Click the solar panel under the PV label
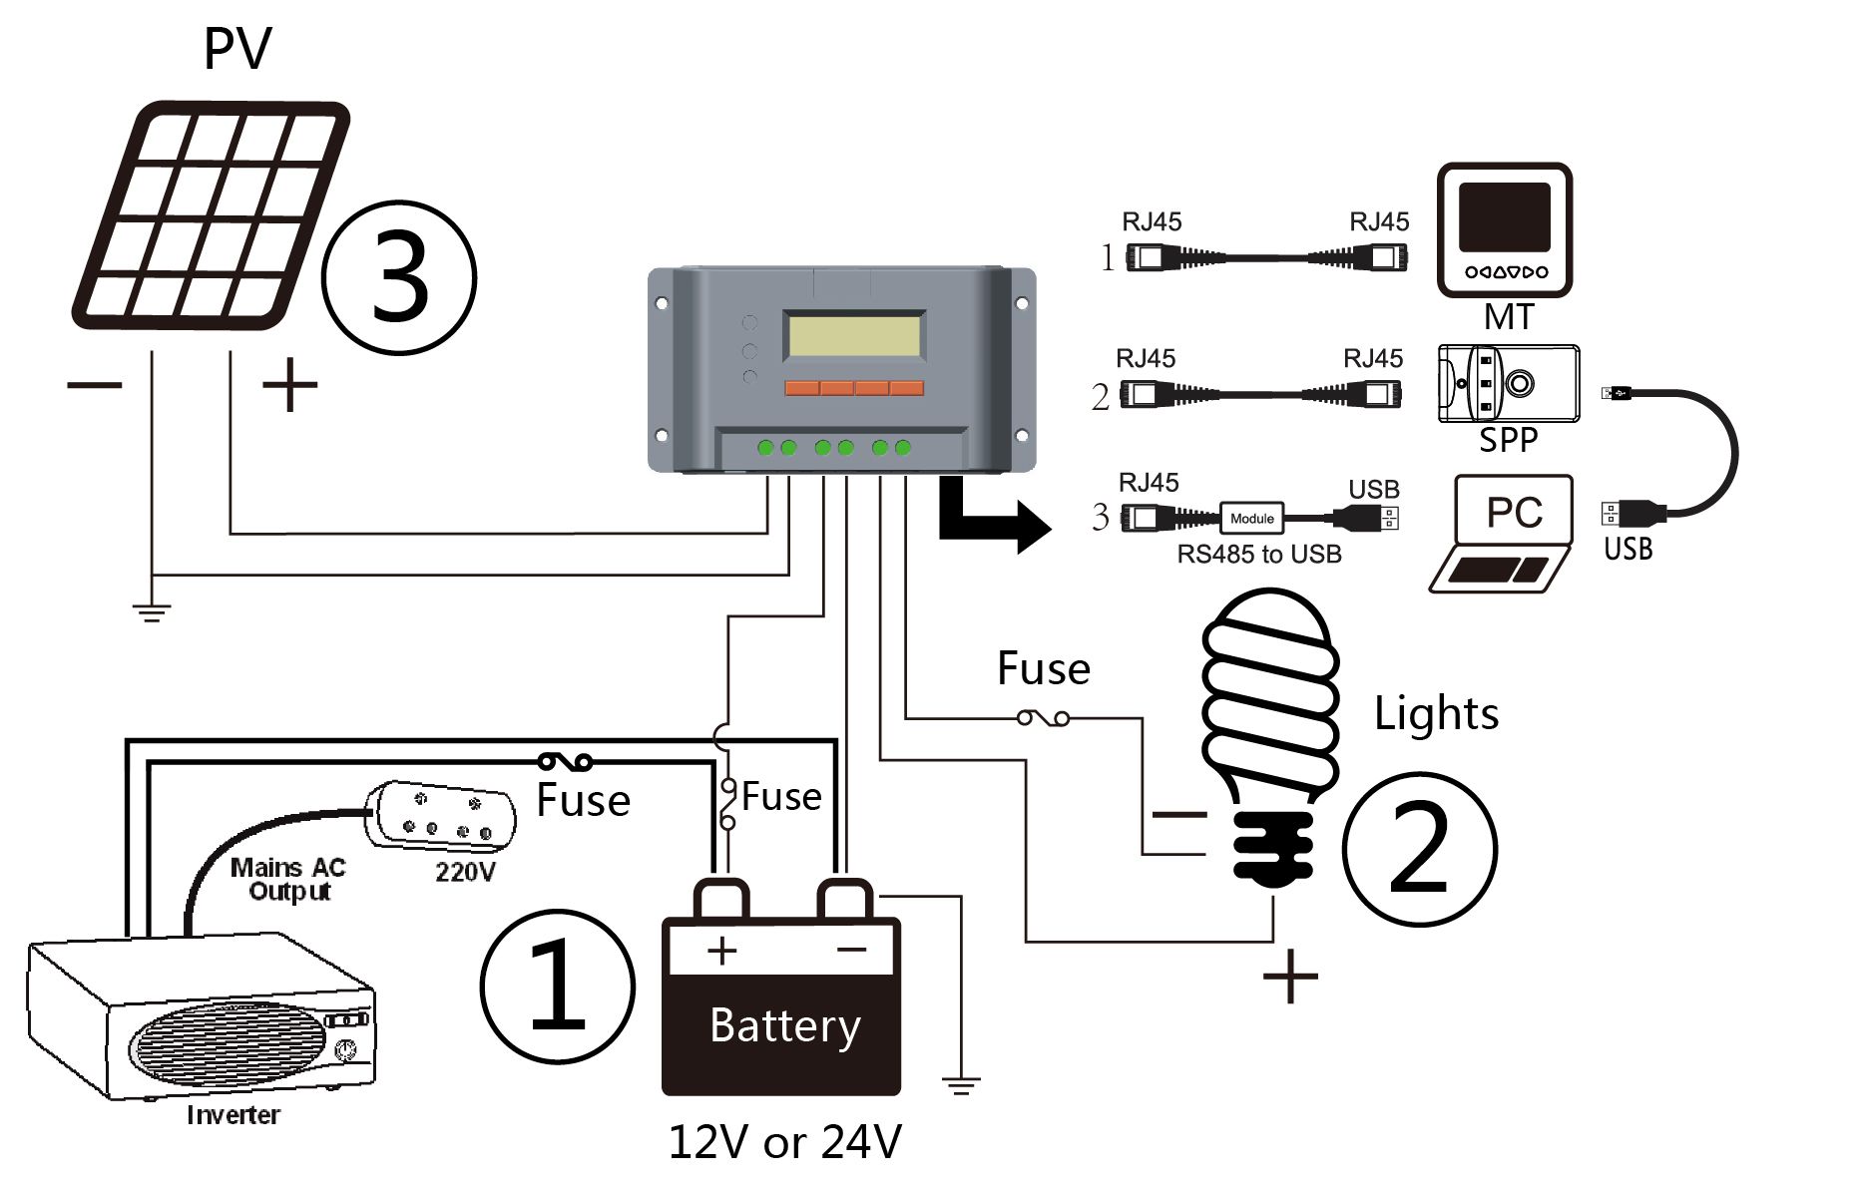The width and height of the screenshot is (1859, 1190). pyautogui.click(x=212, y=214)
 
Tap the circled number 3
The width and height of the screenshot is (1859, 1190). pyautogui.click(x=399, y=277)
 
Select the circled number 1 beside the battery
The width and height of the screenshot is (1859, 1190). pyautogui.click(x=558, y=987)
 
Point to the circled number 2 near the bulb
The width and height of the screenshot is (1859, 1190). pyautogui.click(x=1420, y=849)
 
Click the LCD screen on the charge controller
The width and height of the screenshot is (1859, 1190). pyautogui.click(x=854, y=335)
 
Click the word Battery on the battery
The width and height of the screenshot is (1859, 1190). pyautogui.click(x=785, y=1026)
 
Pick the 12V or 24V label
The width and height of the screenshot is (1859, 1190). pyautogui.click(x=784, y=1142)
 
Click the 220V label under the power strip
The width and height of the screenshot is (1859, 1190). pyautogui.click(x=465, y=872)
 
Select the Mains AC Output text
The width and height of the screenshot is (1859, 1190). pyautogui.click(x=288, y=879)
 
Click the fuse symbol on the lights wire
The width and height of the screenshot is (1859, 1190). pyautogui.click(x=1044, y=717)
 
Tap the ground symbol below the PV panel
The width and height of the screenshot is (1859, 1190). pyautogui.click(x=152, y=612)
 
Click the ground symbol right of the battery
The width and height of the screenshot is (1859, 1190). pyautogui.click(x=961, y=1086)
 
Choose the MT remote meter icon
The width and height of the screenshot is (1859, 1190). pyautogui.click(x=1505, y=230)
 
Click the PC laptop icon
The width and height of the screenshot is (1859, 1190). pyautogui.click(x=1504, y=535)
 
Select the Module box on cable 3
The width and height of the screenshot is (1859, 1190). pyautogui.click(x=1252, y=518)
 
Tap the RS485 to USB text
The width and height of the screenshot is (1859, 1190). pyautogui.click(x=1259, y=555)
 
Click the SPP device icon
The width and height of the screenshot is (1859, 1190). pyautogui.click(x=1509, y=384)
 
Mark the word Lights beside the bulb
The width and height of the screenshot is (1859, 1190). pyautogui.click(x=1436, y=713)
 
